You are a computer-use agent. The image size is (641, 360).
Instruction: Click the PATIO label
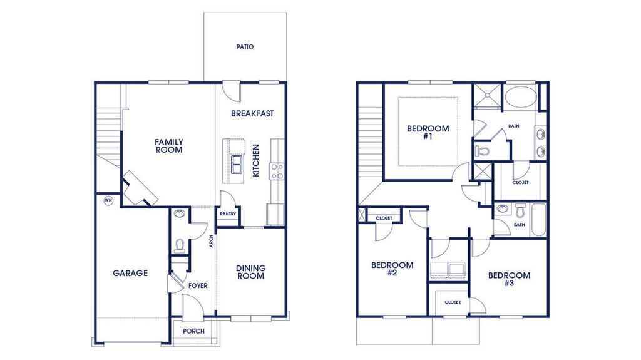(245, 47)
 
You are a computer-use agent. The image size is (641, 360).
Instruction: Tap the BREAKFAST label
(252, 113)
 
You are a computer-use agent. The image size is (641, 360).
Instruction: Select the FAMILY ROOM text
(169, 146)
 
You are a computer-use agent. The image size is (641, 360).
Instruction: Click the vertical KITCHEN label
(256, 160)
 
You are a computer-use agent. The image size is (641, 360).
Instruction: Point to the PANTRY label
(227, 213)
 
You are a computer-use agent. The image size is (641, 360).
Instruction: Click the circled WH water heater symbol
(108, 200)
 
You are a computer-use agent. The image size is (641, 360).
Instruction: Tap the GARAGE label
(130, 273)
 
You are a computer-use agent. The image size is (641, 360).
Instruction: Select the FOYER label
(198, 285)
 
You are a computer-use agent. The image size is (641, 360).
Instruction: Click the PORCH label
(193, 331)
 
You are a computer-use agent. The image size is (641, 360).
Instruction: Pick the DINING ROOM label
(250, 272)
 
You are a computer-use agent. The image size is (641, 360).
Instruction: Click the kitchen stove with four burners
(276, 170)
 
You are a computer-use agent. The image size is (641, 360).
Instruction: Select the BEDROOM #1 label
(428, 132)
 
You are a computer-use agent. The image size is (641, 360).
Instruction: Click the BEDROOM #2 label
(392, 269)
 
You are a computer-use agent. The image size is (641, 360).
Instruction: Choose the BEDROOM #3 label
(509, 279)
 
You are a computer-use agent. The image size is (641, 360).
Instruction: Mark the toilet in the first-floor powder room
(179, 245)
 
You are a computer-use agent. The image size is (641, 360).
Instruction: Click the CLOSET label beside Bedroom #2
(384, 218)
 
